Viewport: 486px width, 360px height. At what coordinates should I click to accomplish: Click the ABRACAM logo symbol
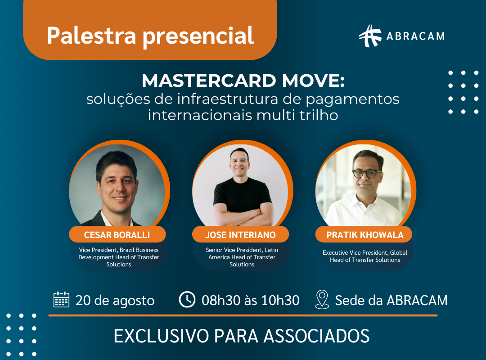coord(370,36)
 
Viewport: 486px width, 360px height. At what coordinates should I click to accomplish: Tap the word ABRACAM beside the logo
coord(415,36)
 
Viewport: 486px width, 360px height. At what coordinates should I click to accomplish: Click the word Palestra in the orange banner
coord(91,36)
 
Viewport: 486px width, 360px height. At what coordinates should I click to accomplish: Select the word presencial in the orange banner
coord(198,36)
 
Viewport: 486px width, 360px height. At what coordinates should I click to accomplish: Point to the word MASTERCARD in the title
coord(209,81)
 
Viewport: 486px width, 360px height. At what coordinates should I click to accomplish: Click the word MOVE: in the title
coord(313,81)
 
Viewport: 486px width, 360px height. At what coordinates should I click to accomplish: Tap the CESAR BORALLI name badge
coord(117,234)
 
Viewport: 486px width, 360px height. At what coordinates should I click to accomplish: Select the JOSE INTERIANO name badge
coord(240,234)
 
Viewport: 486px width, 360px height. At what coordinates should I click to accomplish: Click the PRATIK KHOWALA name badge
coord(364,234)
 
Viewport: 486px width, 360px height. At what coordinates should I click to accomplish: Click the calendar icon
coord(61,300)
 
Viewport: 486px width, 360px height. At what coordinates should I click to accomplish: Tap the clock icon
coord(187,300)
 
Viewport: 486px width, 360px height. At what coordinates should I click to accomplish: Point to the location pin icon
coord(322,300)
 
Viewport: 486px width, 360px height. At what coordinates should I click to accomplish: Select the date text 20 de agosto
coord(115,301)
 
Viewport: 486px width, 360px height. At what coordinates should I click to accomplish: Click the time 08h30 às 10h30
coord(251,300)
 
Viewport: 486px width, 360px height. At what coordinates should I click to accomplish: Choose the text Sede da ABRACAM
coord(391,300)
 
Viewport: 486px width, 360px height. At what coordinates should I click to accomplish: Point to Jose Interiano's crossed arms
coord(243,215)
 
